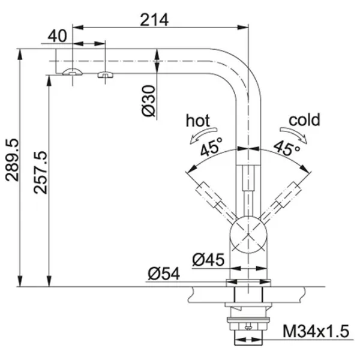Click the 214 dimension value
pyautogui.click(x=154, y=20)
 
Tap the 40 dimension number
pyautogui.click(x=58, y=36)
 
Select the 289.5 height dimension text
pyautogui.click(x=12, y=160)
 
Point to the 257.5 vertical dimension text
pyautogui.click(x=40, y=172)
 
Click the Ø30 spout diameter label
pyautogui.click(x=149, y=101)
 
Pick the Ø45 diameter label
pyautogui.click(x=208, y=260)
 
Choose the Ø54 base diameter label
pyautogui.click(x=164, y=274)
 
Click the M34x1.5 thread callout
pyautogui.click(x=316, y=331)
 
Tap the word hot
pyautogui.click(x=197, y=121)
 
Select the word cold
pyautogui.click(x=304, y=119)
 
